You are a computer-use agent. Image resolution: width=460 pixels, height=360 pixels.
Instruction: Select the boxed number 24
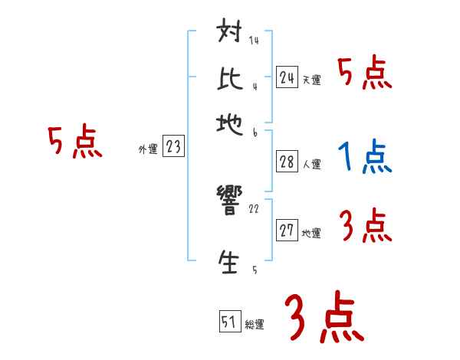pos(287,77)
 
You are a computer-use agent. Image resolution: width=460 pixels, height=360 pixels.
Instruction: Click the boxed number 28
pos(287,162)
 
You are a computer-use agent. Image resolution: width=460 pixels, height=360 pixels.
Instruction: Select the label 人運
pos(311,164)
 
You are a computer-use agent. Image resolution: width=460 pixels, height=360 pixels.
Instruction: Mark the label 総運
pos(255,325)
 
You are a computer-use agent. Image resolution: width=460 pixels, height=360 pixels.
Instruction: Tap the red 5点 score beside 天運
pos(365,74)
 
